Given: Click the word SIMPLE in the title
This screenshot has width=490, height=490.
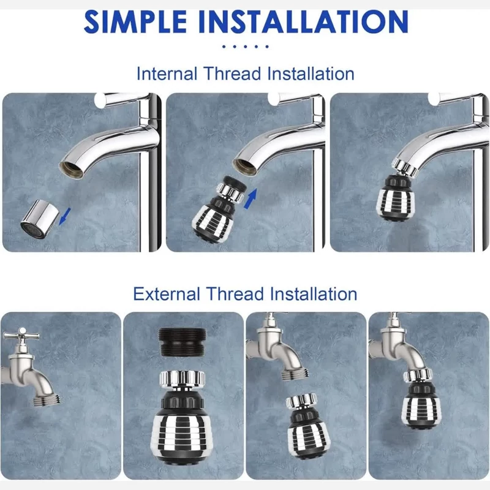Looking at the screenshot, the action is click(135, 21).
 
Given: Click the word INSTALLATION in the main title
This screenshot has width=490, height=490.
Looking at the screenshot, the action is click(303, 21).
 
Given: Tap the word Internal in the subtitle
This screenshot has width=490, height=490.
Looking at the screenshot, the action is click(167, 74).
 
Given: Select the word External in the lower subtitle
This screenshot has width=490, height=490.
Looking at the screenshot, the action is click(167, 294).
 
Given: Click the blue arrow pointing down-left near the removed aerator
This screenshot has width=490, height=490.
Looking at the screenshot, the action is click(65, 216).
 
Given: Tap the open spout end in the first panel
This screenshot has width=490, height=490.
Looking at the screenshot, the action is click(72, 170).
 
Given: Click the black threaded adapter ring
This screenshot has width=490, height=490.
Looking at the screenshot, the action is click(183, 342).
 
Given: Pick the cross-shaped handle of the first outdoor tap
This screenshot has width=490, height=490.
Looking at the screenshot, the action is click(21, 335).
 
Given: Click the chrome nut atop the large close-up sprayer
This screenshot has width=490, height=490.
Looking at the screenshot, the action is click(183, 379).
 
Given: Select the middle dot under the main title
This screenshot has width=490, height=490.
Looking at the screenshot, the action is click(246, 47).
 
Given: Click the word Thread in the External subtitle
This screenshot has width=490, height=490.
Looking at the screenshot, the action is click(235, 294).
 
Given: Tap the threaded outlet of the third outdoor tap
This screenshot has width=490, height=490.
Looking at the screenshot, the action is click(295, 374).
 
